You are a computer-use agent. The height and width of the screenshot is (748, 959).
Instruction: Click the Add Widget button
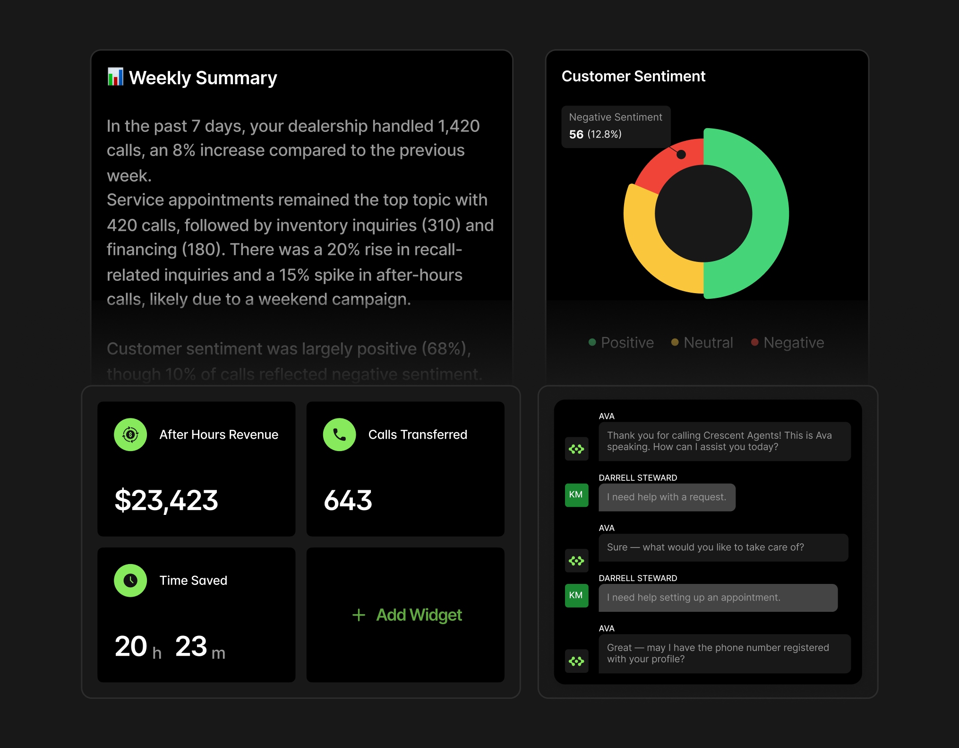[407, 615]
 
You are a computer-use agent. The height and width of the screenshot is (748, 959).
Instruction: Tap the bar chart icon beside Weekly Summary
[115, 77]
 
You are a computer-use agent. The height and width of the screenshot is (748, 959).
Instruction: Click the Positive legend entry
[621, 342]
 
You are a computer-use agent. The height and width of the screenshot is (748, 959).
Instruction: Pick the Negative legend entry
[788, 342]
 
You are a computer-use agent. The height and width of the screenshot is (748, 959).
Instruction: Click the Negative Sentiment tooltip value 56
[576, 134]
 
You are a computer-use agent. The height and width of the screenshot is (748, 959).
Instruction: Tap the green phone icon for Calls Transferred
[339, 435]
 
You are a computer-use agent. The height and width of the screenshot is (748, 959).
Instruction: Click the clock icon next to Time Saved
[130, 580]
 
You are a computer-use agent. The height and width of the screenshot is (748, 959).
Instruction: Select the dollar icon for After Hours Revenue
[130, 435]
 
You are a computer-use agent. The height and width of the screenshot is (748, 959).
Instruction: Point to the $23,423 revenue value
[166, 500]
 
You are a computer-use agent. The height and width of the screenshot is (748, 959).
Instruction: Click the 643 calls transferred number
[348, 500]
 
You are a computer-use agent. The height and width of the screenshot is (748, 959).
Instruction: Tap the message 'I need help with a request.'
[667, 497]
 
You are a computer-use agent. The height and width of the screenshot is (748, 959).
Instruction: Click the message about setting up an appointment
[718, 598]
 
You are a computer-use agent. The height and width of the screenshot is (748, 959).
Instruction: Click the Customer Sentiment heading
[633, 76]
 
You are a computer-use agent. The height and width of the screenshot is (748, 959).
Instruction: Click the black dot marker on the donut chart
[681, 155]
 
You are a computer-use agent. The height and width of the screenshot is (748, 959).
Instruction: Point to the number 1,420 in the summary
[458, 126]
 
